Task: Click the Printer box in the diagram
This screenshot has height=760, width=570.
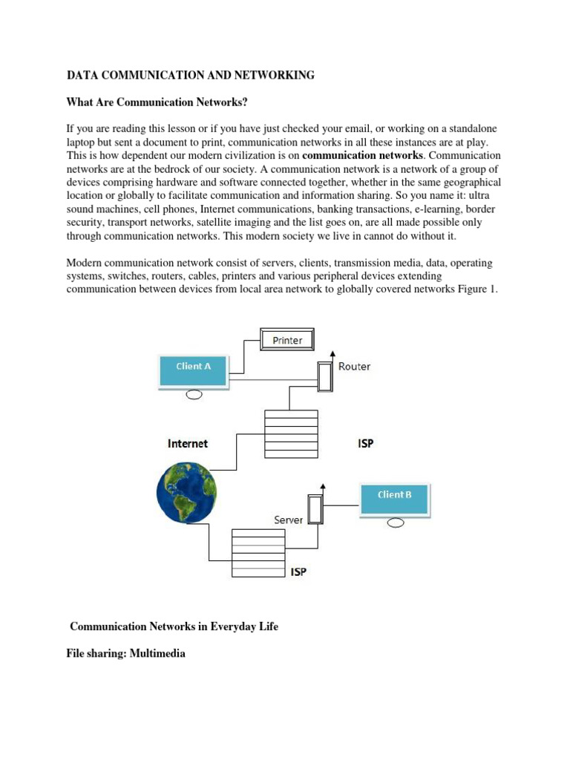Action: [286, 340]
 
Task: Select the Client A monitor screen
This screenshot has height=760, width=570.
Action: [194, 369]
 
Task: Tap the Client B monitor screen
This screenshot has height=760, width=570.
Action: [394, 498]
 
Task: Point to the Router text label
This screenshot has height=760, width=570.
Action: [354, 366]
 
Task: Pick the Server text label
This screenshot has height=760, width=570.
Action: [288, 520]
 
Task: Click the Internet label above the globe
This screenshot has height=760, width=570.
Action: [188, 443]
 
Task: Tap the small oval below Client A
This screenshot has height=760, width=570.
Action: [194, 394]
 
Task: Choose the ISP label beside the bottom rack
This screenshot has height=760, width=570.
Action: [298, 572]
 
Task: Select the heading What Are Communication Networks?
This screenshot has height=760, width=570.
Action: [156, 102]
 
